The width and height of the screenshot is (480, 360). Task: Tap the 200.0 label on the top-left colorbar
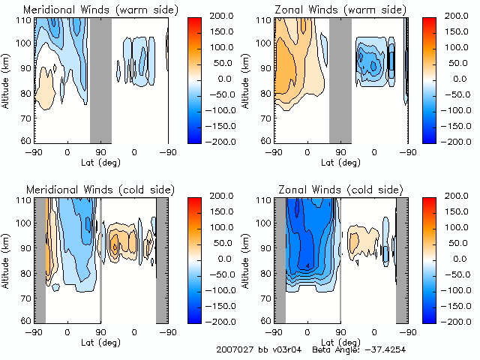[223, 15]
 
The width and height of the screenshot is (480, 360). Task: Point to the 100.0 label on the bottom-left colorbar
[223, 226]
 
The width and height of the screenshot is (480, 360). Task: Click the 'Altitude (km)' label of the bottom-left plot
[7, 258]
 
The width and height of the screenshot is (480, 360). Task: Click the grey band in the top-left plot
[100, 79]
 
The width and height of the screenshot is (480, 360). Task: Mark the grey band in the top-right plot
[340, 79]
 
